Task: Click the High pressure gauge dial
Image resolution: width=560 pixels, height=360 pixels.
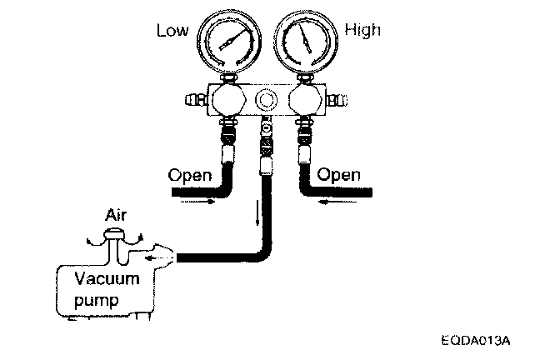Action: pyautogui.click(x=304, y=41)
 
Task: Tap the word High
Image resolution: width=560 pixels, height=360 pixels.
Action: pyautogui.click(x=362, y=31)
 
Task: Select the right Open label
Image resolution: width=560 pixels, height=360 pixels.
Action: pyautogui.click(x=340, y=176)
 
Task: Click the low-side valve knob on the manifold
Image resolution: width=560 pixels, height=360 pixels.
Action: pyautogui.click(x=226, y=102)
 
